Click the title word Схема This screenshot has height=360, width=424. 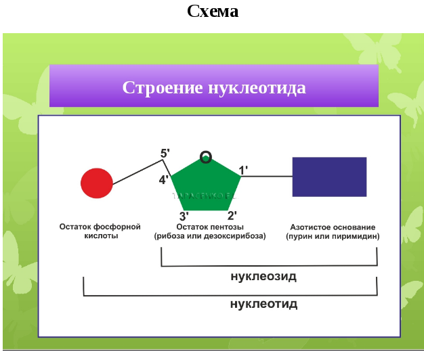click(212, 12)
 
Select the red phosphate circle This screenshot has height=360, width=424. click(97, 183)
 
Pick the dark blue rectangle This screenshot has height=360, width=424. click(329, 177)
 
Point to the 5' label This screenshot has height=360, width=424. click(165, 154)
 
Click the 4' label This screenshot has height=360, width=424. click(164, 180)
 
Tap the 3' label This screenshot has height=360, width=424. click(184, 216)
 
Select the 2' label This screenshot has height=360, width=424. click(231, 216)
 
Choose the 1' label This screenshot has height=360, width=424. click(244, 171)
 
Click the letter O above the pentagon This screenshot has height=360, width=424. click(206, 158)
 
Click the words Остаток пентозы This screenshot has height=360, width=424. click(210, 227)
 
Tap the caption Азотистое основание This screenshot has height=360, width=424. click(333, 227)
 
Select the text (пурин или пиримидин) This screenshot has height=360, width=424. click(333, 237)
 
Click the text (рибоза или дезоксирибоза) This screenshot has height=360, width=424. click(210, 237)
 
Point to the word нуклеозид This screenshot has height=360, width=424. click(263, 277)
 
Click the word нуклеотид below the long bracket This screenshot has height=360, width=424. click(263, 304)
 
